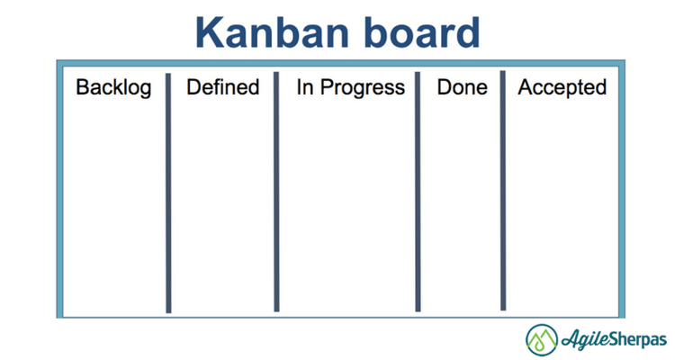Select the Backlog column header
coord(113,87)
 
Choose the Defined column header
coord(222,87)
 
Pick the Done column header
coord(462,87)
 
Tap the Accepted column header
coord(562,87)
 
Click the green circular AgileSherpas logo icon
coord(543,339)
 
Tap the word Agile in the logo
coord(585,340)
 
